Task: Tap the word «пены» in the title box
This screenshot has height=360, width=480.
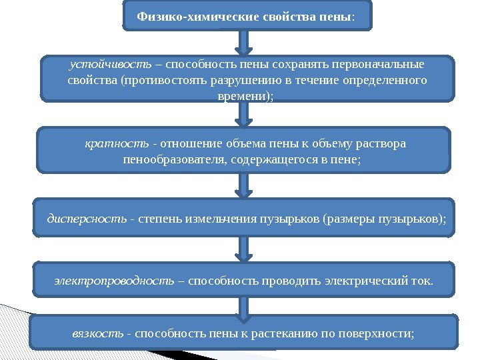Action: pos(339,15)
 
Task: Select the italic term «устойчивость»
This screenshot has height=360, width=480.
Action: pos(110,65)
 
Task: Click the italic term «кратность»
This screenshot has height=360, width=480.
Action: pos(117,144)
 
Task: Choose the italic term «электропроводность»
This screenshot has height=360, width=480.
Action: pos(115,280)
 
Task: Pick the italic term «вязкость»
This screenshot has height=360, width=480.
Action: pos(97,332)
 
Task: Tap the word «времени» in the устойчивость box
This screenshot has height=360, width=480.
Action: pos(242,96)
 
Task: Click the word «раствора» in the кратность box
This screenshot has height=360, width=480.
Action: pos(380,144)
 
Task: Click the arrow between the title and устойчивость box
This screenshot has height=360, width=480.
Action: pos(245,43)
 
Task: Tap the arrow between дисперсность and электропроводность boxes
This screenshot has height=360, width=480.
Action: pos(245,249)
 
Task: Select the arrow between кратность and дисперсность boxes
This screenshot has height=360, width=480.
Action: pos(245,185)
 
